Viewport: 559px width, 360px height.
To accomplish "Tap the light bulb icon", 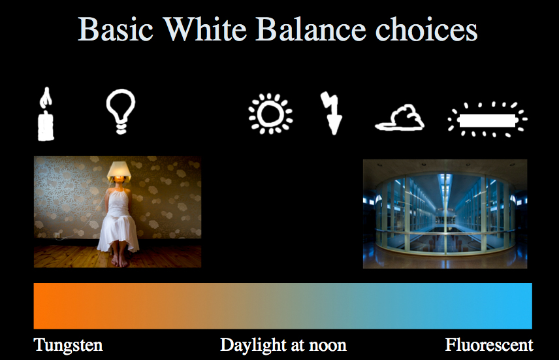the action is [x=121, y=111].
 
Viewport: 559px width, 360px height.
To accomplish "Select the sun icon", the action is [x=270, y=114].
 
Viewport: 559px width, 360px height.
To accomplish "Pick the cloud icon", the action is [x=400, y=118].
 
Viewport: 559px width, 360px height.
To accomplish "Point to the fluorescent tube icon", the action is [x=487, y=120].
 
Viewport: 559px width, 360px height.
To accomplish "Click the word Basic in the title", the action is [x=116, y=29].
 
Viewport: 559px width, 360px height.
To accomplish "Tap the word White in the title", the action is [x=205, y=29].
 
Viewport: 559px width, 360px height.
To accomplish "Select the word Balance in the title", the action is [x=311, y=29].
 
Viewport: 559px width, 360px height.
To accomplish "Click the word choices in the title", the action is [x=426, y=29].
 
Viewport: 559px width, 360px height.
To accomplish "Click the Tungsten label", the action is [x=68, y=346].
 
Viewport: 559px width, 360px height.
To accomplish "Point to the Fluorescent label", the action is [x=489, y=345].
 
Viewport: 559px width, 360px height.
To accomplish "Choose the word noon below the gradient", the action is [x=328, y=346].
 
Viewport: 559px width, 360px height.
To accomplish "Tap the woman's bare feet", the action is [x=119, y=261].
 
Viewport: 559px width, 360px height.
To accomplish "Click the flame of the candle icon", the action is [x=46, y=98].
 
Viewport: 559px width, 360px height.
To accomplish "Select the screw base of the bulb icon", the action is [x=121, y=127].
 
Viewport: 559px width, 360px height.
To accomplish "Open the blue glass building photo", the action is [x=445, y=214].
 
